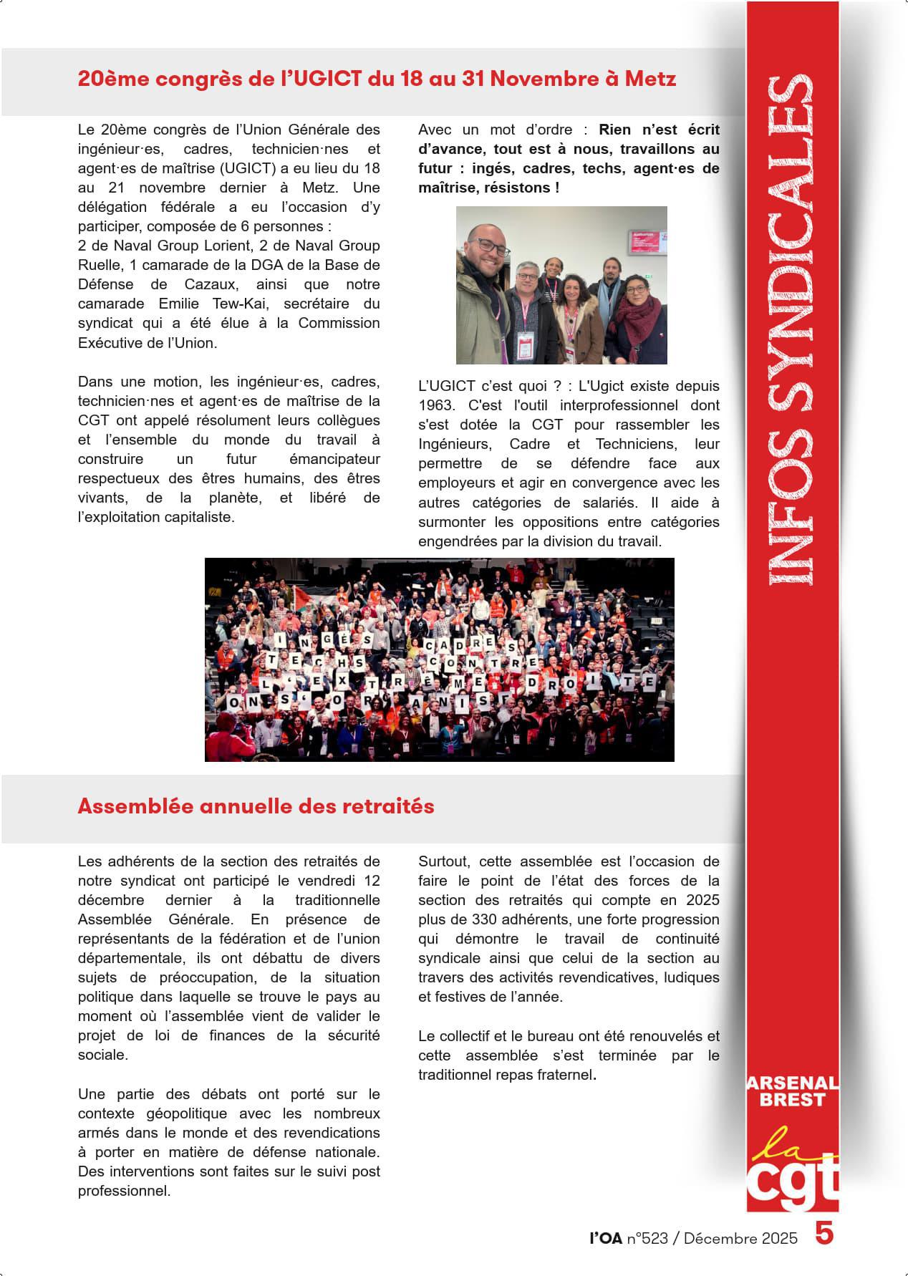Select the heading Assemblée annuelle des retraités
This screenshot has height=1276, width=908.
(x=256, y=806)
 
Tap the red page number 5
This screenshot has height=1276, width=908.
(x=824, y=1234)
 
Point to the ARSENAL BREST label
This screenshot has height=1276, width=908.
(x=792, y=1091)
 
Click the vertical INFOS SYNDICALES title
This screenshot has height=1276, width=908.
(x=791, y=329)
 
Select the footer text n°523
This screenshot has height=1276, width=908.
(x=647, y=1239)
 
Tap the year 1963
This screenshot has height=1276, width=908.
(x=435, y=405)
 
